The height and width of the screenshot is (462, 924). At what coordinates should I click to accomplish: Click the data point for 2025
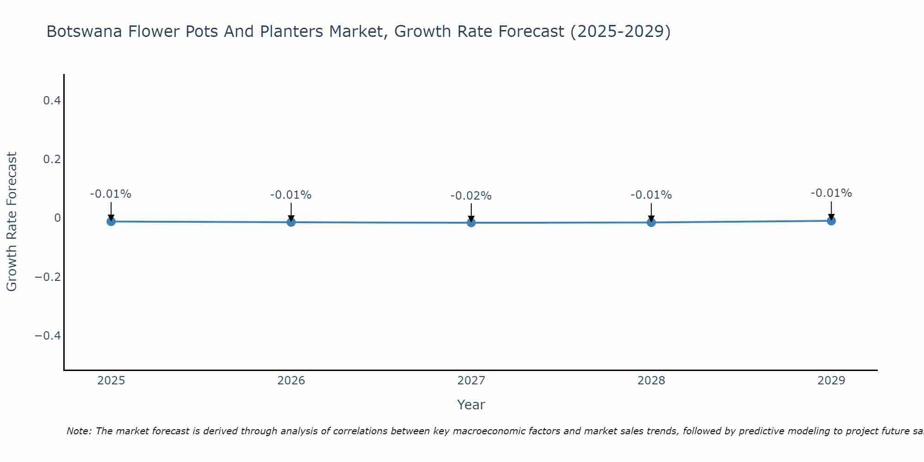(111, 221)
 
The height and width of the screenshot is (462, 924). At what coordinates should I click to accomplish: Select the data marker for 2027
(471, 223)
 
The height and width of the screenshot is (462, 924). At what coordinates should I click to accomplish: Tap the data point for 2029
(831, 221)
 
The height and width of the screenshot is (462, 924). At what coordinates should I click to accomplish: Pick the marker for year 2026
(291, 222)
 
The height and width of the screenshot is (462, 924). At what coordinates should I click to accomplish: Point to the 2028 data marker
(651, 222)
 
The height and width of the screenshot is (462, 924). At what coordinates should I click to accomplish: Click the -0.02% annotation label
(471, 196)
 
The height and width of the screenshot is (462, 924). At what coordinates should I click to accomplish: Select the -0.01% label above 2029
(831, 193)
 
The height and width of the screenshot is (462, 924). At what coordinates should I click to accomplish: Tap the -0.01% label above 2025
(111, 194)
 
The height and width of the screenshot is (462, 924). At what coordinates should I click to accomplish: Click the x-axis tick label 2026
(291, 381)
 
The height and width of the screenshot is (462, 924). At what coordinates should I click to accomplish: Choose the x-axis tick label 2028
(651, 381)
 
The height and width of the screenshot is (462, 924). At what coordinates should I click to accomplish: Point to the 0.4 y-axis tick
(52, 100)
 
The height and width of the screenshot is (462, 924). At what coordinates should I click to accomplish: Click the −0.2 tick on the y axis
(48, 277)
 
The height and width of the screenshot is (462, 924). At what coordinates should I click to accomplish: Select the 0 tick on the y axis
(57, 218)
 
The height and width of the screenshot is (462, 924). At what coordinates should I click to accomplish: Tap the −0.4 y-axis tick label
(48, 335)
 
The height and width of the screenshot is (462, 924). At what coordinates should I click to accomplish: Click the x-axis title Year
(471, 405)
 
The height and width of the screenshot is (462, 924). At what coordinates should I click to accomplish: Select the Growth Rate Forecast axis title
(12, 222)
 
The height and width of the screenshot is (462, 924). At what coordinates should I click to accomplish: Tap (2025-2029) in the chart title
(620, 32)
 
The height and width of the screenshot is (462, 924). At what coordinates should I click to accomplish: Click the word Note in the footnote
(79, 431)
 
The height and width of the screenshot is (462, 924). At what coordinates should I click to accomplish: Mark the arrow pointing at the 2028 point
(651, 211)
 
